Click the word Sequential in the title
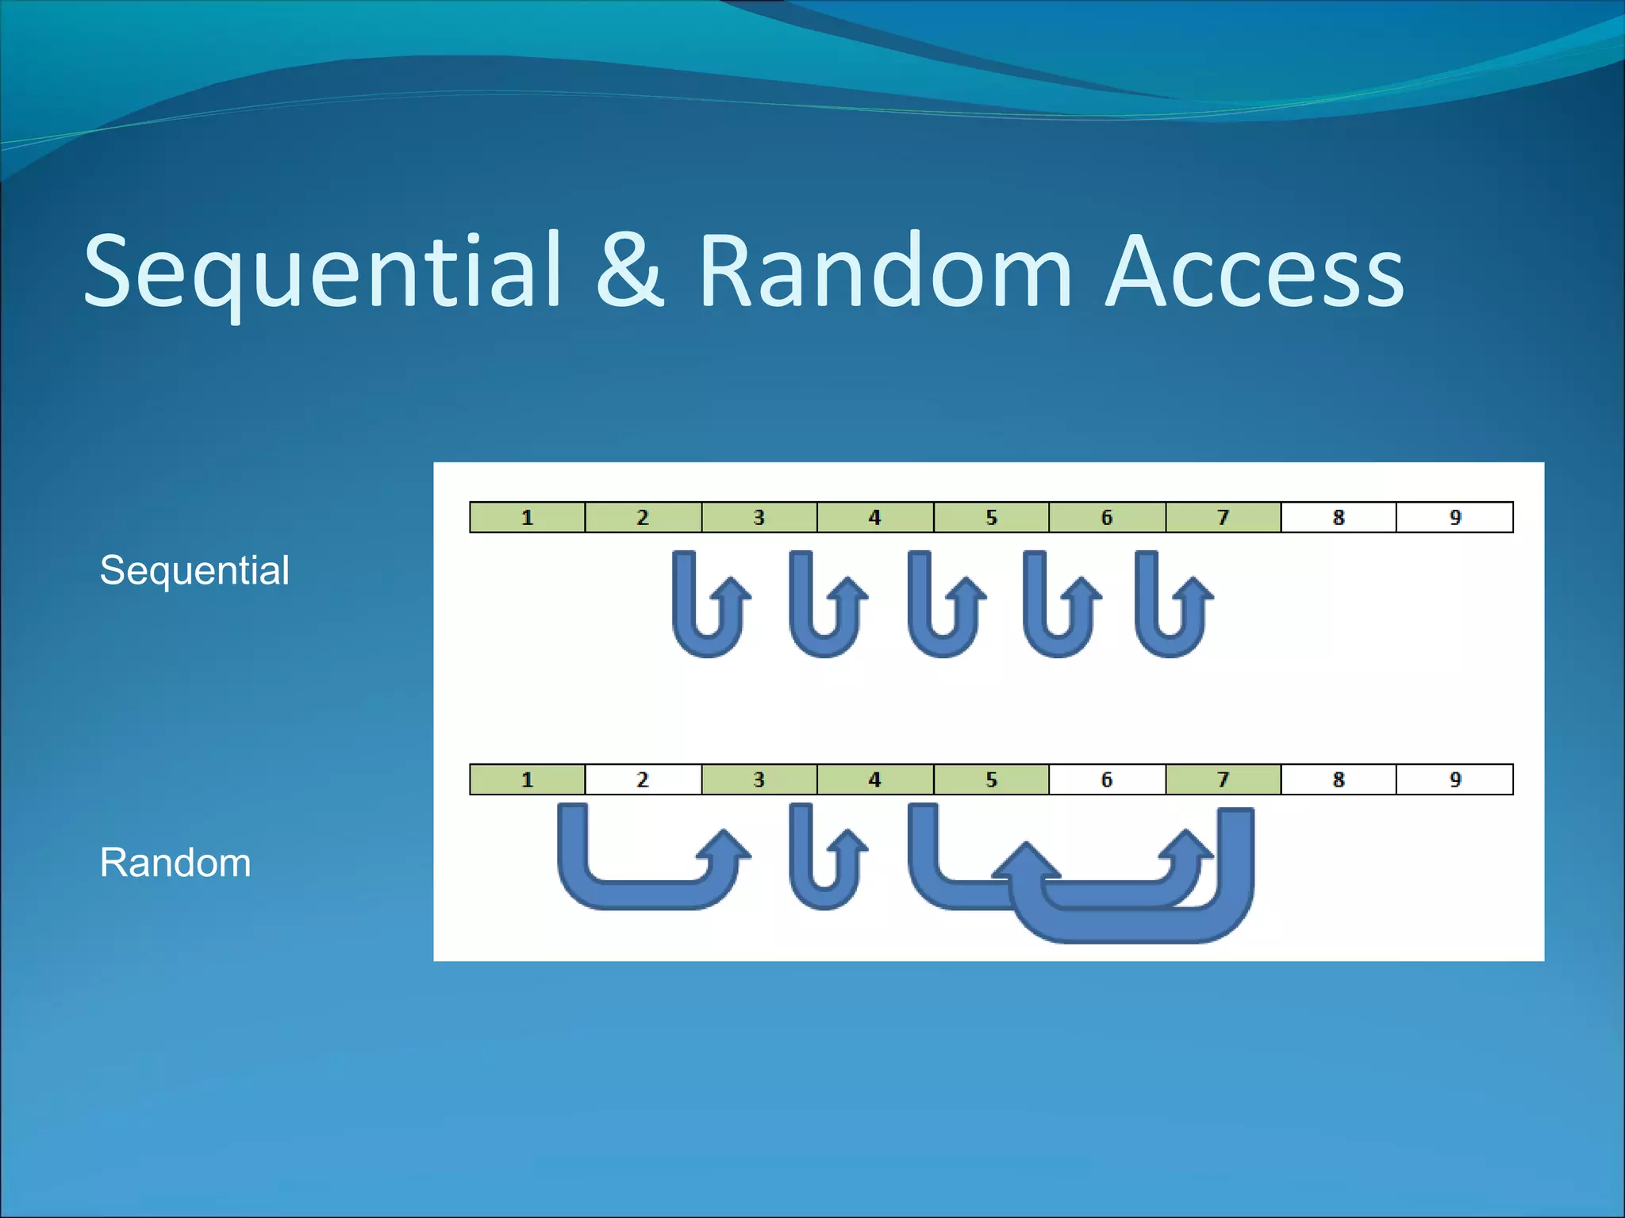tap(321, 271)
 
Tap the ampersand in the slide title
tap(628, 271)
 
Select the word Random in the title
tap(885, 271)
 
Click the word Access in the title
tap(1254, 271)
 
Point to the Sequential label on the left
tap(194, 570)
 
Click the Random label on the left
tap(175, 862)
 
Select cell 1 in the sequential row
tap(527, 518)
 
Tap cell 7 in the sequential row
tap(1223, 518)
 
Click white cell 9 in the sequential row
tap(1454, 518)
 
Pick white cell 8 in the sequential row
tap(1339, 518)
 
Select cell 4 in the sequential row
tap(874, 518)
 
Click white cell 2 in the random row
tap(643, 779)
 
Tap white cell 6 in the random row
tap(1107, 779)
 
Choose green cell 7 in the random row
tap(1223, 779)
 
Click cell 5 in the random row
tap(991, 779)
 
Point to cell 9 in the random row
tap(1454, 779)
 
